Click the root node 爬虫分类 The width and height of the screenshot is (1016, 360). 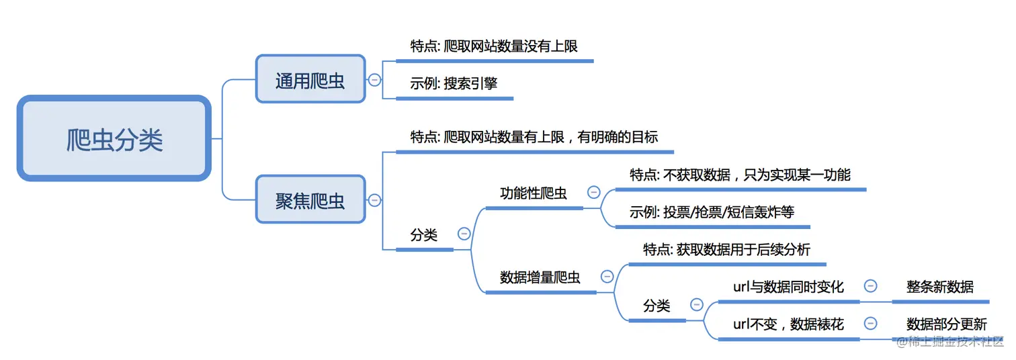coord(114,138)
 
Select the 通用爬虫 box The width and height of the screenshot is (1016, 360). coord(310,79)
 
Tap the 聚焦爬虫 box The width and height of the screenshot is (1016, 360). coord(310,199)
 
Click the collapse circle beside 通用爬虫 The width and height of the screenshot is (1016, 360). coord(374,80)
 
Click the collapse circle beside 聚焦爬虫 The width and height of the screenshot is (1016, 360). coord(374,200)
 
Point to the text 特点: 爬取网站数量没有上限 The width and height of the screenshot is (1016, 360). coord(494,46)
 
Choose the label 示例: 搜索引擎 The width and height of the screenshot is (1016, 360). coord(454,84)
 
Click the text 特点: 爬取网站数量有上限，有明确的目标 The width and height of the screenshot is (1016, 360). coord(534,137)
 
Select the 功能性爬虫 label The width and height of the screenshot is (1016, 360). coord(534,193)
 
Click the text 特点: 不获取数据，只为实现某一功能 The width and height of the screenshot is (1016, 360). coord(740,175)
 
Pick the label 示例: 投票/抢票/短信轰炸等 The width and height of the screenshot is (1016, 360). coord(712,212)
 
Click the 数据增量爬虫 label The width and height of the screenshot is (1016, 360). coord(540,277)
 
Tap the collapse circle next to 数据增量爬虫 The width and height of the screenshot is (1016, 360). coord(607,276)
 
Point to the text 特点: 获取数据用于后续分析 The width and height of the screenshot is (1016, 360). coord(726,250)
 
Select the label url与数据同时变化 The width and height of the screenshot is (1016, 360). coord(788,287)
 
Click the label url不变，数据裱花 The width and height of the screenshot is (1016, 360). coord(788,324)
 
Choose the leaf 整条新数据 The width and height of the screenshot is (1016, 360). coord(939,287)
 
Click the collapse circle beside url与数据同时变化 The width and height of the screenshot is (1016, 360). coord(870,286)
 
